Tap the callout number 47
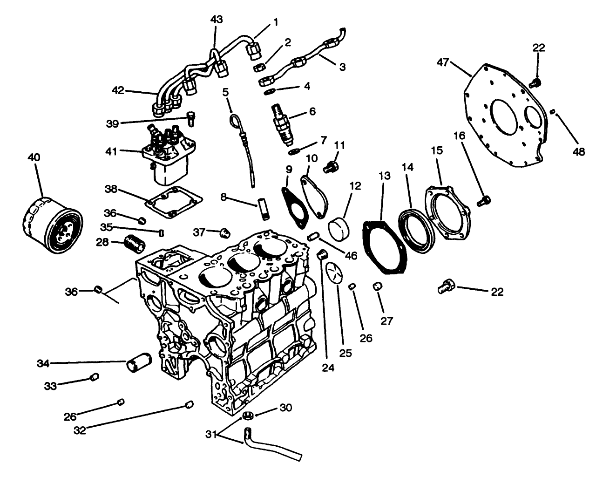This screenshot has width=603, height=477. coord(444,62)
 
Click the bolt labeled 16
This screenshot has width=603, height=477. coord(484,201)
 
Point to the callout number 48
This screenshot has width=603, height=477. coord(579,151)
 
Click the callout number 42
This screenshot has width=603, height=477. coord(118,90)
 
